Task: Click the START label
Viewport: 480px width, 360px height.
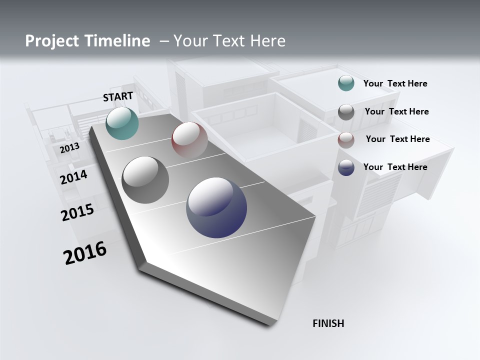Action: pos(118,96)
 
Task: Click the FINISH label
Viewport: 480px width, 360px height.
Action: pos(328,323)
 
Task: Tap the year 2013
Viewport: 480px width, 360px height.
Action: pos(69,148)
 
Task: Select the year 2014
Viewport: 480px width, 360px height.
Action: pos(74,177)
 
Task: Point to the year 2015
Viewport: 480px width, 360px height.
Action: pos(77,212)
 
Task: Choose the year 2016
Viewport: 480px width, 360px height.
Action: pos(85,253)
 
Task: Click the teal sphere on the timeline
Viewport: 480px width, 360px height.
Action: pos(122,123)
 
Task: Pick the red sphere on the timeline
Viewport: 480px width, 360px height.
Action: pos(189,139)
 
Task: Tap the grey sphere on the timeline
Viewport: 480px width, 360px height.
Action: pos(145,180)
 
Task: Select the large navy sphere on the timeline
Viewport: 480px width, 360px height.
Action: pos(216,207)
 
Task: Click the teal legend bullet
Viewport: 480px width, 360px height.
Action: pos(346,83)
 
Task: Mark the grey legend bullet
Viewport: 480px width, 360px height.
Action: pos(346,112)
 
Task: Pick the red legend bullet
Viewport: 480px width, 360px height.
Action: pos(346,140)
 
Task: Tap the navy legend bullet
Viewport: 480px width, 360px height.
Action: pos(346,167)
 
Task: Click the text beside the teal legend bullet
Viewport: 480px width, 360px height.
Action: pos(395,83)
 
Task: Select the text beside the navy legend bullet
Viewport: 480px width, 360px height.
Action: pos(395,167)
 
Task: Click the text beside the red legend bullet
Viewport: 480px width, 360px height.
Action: pos(397,139)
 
